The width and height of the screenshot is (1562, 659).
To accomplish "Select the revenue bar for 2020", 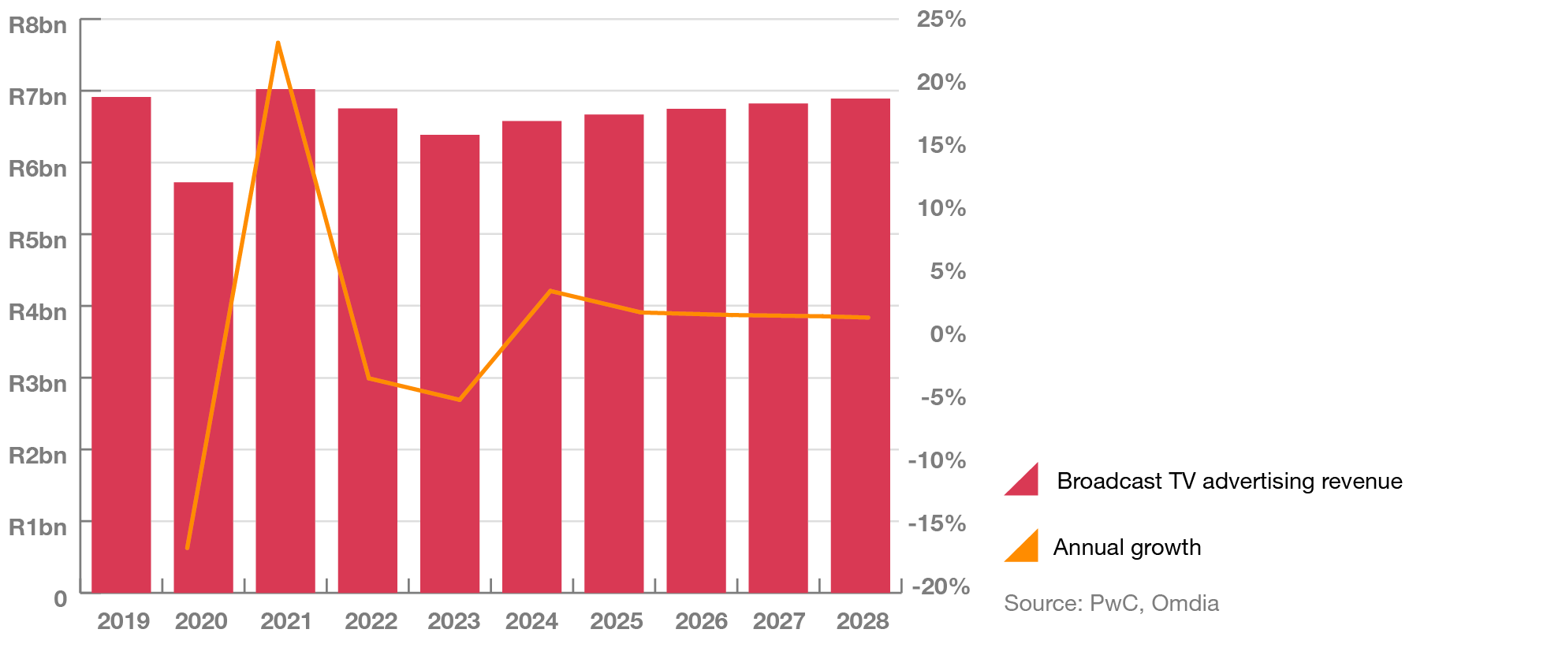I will [x=203, y=386].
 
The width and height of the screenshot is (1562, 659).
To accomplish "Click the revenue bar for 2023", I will [x=450, y=363].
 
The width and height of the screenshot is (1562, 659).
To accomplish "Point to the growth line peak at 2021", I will [x=278, y=43].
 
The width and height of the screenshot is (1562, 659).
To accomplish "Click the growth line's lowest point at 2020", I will [x=188, y=547].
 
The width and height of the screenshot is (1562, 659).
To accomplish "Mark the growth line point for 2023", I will [x=459, y=400].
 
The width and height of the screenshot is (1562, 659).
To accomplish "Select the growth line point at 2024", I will [x=550, y=292].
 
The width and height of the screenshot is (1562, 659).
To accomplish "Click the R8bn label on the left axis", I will [x=38, y=26].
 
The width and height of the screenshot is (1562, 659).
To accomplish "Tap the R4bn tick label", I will [x=38, y=312].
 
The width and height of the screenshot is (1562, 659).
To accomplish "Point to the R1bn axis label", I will [x=38, y=527].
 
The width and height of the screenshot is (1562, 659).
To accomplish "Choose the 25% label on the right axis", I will [x=941, y=20].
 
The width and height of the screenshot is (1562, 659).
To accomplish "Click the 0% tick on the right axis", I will [x=947, y=334].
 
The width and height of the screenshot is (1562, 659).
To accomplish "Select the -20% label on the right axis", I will [x=940, y=586].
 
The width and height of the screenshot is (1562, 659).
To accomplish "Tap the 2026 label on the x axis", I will [x=701, y=622].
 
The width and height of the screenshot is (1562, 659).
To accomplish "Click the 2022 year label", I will [x=371, y=622].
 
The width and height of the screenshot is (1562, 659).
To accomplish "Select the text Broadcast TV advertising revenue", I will [x=1229, y=482].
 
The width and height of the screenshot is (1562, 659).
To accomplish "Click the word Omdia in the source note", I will [x=1185, y=604].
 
